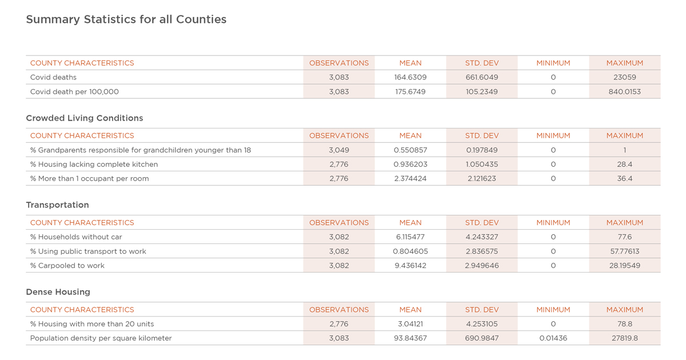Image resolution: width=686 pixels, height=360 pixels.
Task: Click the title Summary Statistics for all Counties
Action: coord(126,19)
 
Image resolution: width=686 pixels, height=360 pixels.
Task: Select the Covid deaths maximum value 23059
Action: coord(624,77)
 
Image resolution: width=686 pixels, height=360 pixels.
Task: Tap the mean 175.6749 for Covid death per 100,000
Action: coord(410,91)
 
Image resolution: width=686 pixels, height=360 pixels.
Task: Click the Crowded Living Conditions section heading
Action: coord(85,118)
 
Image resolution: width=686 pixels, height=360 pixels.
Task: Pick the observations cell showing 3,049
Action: coord(338,150)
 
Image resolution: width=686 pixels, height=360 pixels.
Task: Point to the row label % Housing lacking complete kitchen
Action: coord(94,165)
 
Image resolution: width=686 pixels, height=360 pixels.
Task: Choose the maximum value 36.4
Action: coord(624,178)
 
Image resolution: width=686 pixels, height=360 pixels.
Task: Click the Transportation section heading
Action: coord(58,205)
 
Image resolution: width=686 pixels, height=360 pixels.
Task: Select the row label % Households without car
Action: coord(76,237)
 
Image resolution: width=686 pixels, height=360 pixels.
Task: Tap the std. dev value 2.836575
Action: coord(482,251)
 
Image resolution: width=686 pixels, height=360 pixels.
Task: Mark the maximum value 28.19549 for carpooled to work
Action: coord(624,265)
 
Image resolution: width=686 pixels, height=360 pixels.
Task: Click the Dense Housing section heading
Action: coord(58,292)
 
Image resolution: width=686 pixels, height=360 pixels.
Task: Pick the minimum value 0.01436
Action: coord(553,338)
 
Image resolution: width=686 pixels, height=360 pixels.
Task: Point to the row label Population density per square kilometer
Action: coord(101,338)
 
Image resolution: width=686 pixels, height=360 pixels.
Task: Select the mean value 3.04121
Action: coord(410,324)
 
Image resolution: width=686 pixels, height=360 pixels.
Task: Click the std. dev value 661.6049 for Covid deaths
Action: coord(482,77)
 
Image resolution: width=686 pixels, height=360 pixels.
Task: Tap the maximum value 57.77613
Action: coord(624,251)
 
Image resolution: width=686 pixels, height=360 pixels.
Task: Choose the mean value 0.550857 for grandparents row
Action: coord(410,150)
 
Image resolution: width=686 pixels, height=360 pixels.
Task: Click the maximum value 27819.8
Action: coord(624,338)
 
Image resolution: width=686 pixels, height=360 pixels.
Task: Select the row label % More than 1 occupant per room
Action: coord(89,179)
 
